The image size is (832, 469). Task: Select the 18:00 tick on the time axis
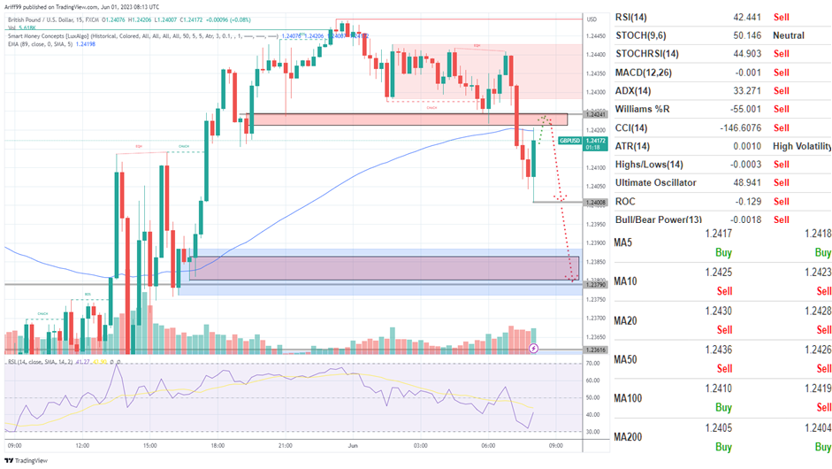(218, 446)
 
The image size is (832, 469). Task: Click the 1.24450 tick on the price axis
(597, 36)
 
